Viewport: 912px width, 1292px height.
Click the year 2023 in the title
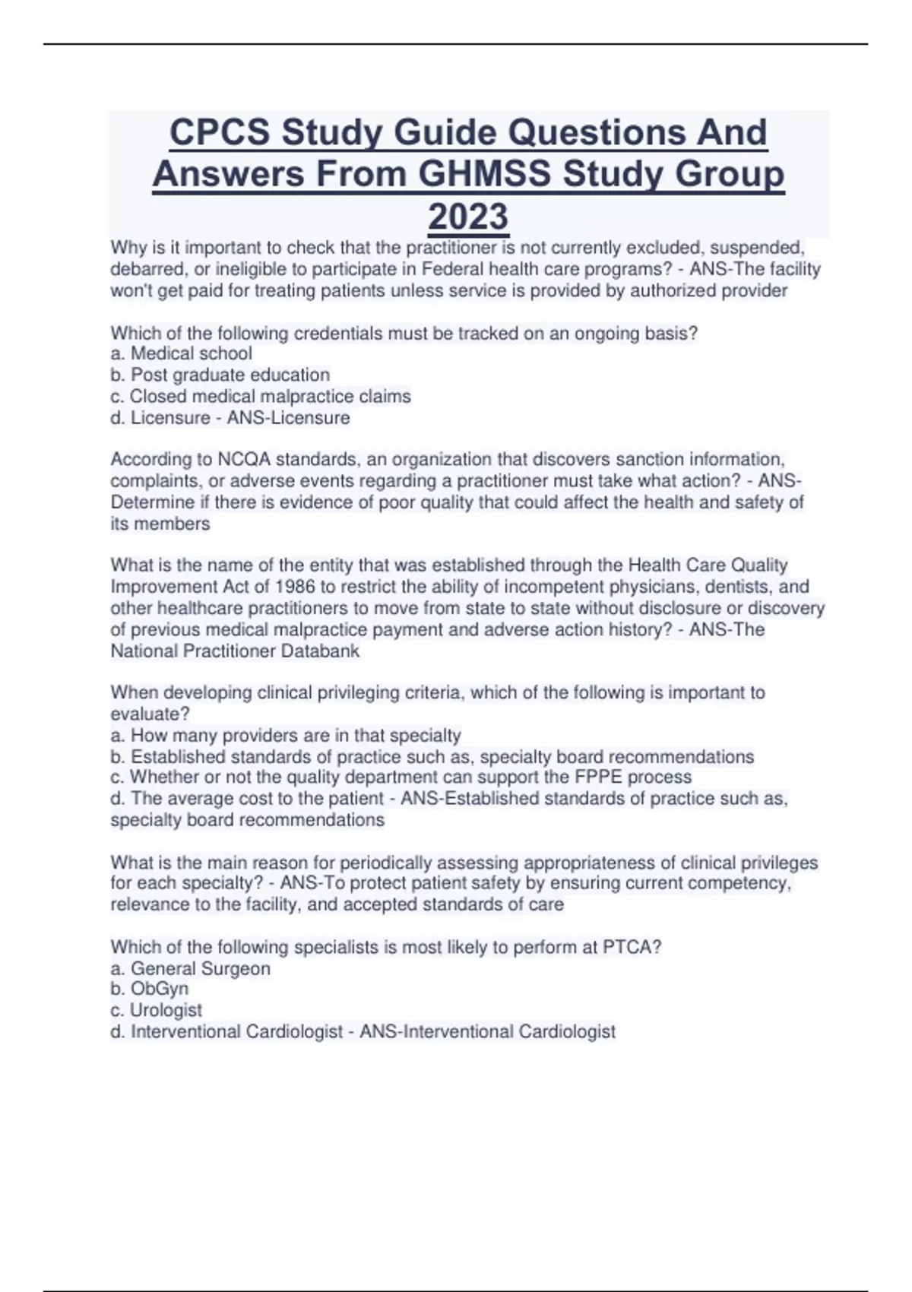[x=468, y=217]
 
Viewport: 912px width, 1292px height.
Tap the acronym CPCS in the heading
[x=219, y=132]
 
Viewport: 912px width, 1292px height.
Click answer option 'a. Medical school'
[x=181, y=353]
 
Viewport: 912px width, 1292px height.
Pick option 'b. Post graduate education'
[x=220, y=375]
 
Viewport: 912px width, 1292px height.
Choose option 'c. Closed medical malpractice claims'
[x=261, y=396]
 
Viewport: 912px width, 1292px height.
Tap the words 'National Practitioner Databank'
[x=235, y=651]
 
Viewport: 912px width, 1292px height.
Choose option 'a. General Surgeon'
[x=190, y=968]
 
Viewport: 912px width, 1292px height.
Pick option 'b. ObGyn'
[x=149, y=989]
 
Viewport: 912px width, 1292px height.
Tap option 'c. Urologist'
[x=156, y=1010]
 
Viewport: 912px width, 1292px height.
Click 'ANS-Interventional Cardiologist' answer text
[x=487, y=1031]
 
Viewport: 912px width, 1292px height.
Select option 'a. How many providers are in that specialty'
[x=286, y=735]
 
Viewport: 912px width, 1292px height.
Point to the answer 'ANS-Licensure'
[x=288, y=417]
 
